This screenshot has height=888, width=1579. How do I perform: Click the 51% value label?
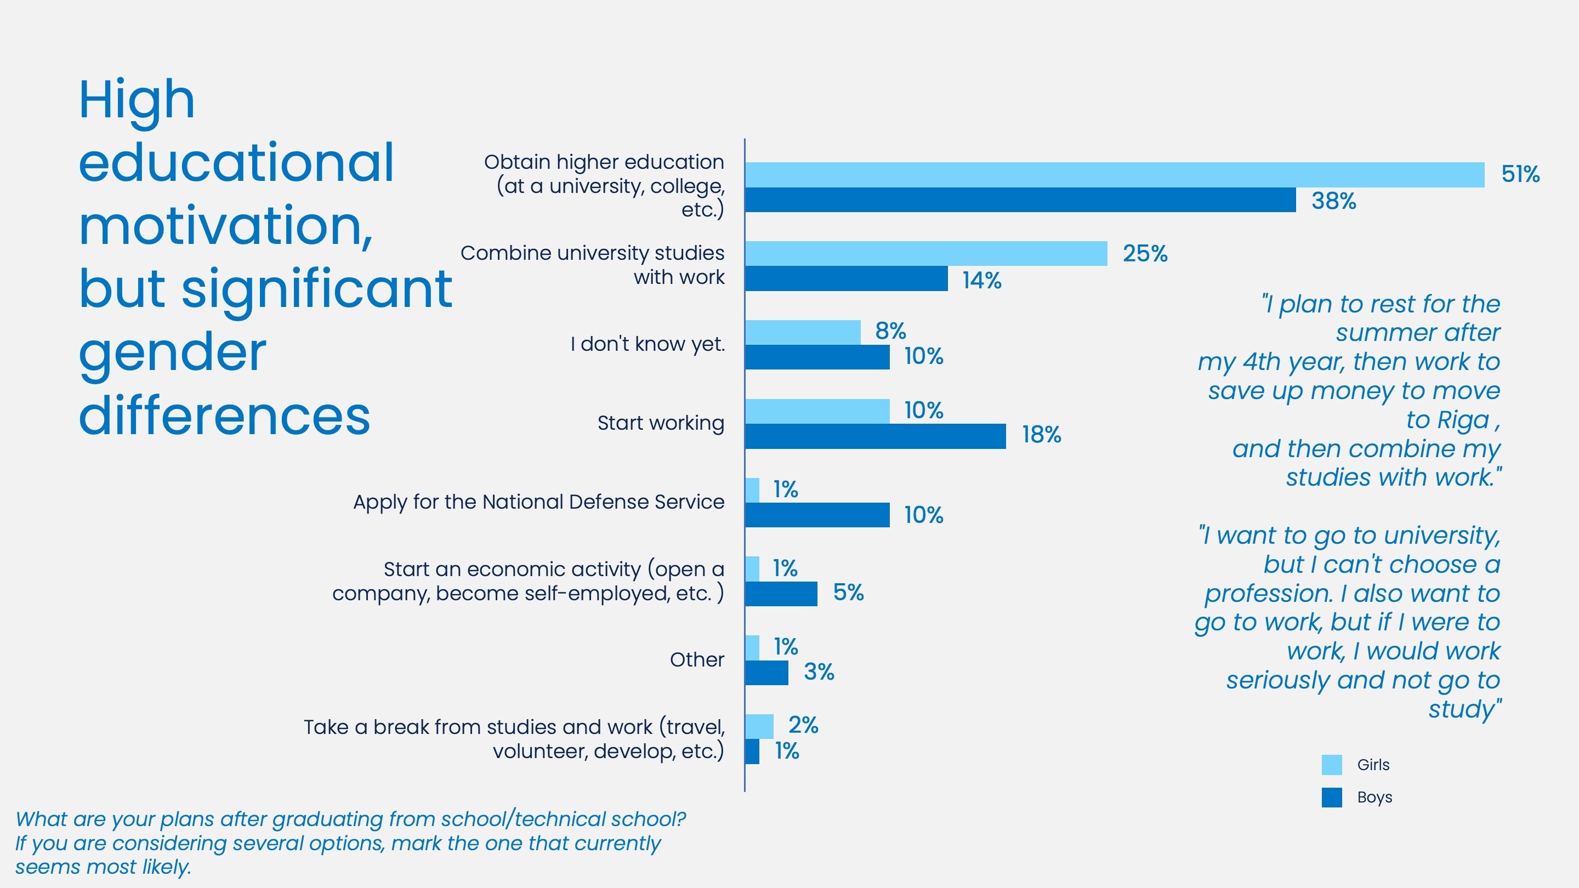[x=1520, y=174]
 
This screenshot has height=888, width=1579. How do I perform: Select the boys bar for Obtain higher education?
[x=1020, y=200]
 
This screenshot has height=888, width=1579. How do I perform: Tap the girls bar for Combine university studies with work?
[x=925, y=253]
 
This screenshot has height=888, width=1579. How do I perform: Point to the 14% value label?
[x=981, y=280]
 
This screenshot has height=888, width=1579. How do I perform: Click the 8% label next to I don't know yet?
[x=890, y=331]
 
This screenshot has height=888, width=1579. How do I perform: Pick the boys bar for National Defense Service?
[x=816, y=515]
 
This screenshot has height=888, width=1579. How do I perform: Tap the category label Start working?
[x=660, y=423]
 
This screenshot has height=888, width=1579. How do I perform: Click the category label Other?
[x=696, y=659]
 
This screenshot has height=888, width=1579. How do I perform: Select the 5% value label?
[x=848, y=592]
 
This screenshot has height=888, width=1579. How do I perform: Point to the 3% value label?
[x=819, y=671]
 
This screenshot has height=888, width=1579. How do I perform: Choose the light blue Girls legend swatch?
[x=1331, y=765]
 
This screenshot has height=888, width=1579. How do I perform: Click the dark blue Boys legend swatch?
[x=1331, y=798]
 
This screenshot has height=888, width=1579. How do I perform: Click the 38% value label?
[x=1333, y=201]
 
